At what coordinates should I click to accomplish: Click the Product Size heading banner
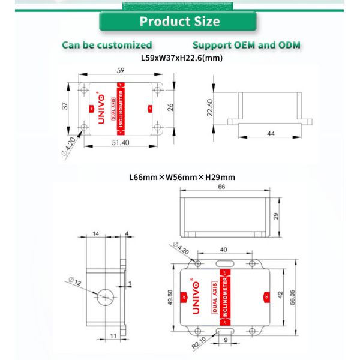pyautogui.click(x=179, y=22)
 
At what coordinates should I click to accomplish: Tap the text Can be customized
pyautogui.click(x=107, y=45)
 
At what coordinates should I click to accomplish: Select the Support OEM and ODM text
pyautogui.click(x=246, y=45)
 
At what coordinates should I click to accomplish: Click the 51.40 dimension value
pyautogui.click(x=120, y=143)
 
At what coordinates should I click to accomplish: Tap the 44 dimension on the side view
pyautogui.click(x=271, y=134)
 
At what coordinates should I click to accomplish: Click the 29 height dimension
pyautogui.click(x=277, y=215)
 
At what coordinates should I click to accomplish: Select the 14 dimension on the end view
pyautogui.click(x=96, y=233)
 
